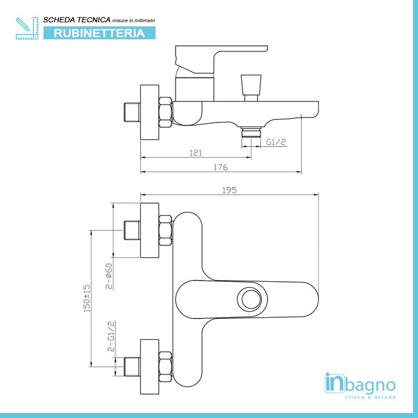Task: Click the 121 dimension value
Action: pyautogui.click(x=195, y=153)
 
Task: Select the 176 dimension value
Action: pyautogui.click(x=220, y=168)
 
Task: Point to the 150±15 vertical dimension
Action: pyautogui.click(x=87, y=298)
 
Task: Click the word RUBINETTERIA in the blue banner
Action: pyautogui.click(x=100, y=33)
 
